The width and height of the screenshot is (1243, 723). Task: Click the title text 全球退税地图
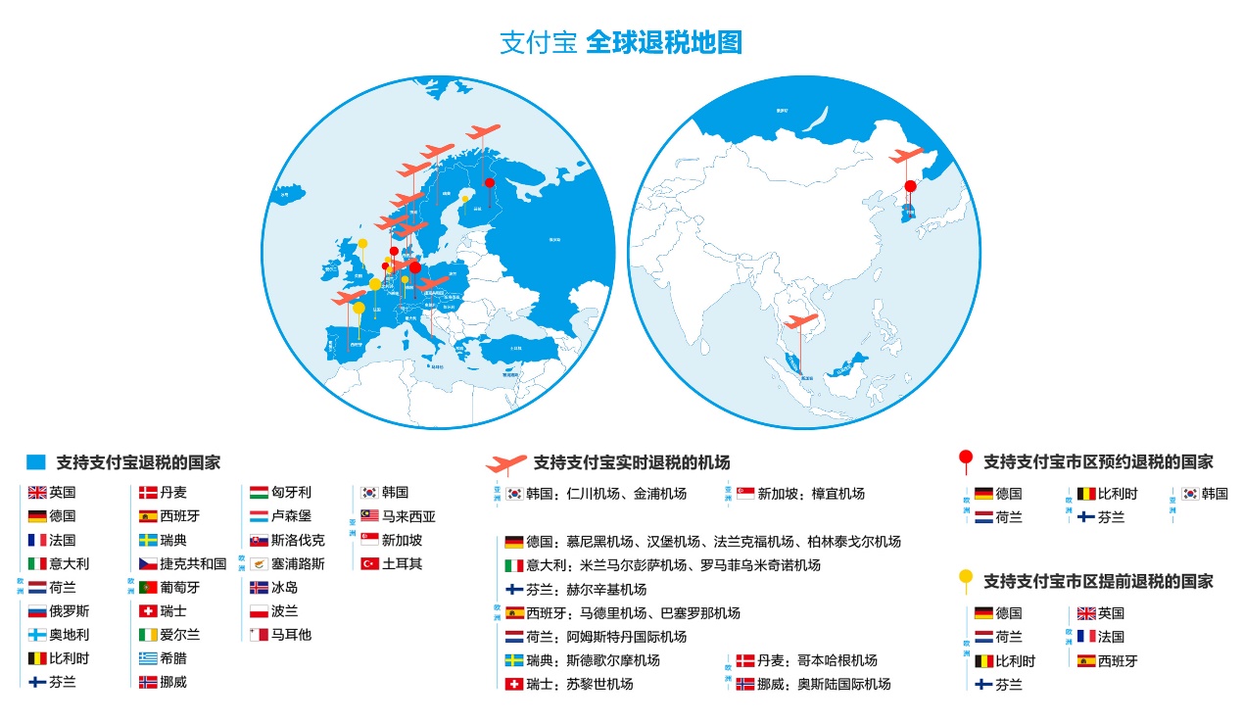[x=663, y=43]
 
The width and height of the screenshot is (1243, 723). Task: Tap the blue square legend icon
[x=36, y=461]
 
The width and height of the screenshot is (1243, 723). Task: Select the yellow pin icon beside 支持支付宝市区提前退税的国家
[x=965, y=579]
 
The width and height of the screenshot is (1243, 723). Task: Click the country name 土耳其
[x=402, y=564]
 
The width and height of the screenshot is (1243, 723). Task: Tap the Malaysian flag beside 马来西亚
[x=369, y=516]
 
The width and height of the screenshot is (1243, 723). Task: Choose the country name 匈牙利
[x=291, y=493]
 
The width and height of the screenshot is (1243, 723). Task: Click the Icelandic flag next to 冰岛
[x=259, y=588]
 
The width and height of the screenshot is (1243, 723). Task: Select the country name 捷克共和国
[x=193, y=564]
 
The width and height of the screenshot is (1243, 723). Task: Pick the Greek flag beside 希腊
[x=148, y=658]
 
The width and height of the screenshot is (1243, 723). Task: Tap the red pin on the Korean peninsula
[x=910, y=186]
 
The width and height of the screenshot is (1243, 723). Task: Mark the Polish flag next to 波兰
[x=259, y=611]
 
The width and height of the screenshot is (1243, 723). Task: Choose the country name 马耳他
[x=291, y=635]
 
